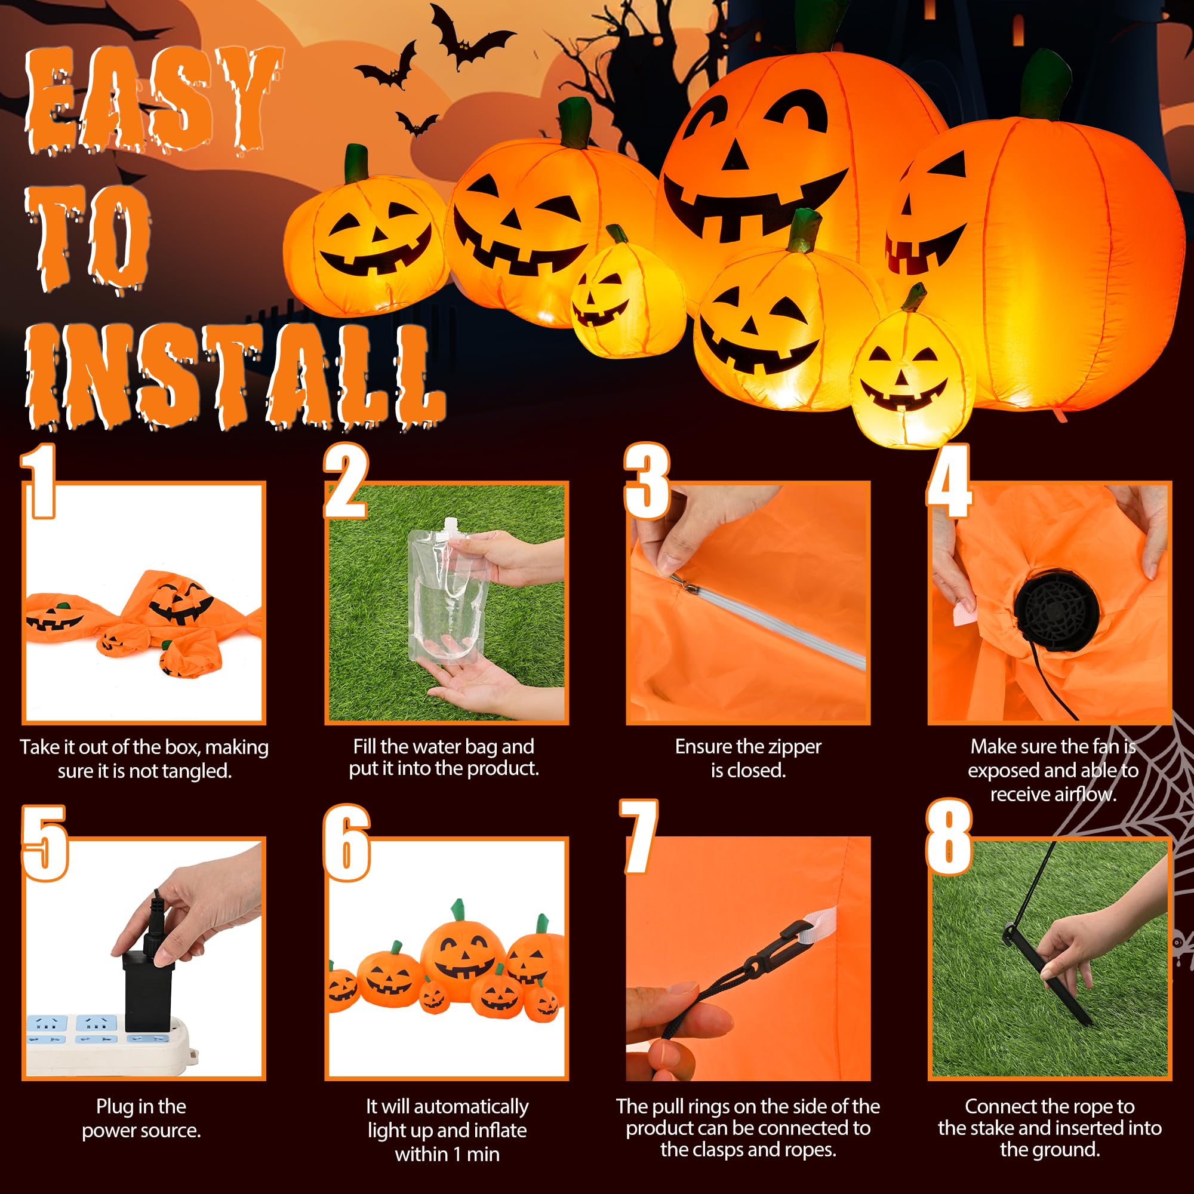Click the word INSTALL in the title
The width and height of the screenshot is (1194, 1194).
click(235, 377)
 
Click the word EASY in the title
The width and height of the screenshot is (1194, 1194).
click(148, 99)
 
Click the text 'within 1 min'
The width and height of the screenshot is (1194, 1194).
click(447, 1154)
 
